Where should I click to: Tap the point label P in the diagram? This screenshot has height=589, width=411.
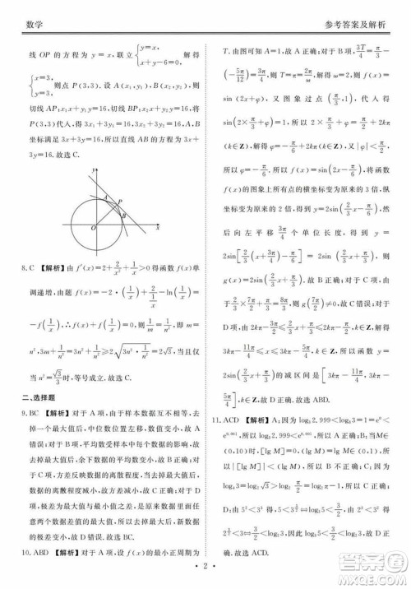121,200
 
